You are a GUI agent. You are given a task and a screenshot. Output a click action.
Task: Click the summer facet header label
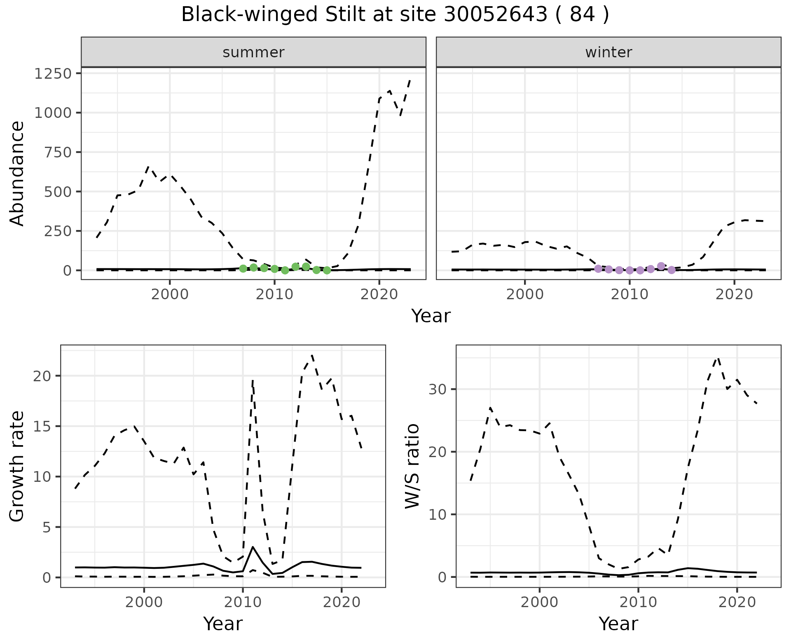253,52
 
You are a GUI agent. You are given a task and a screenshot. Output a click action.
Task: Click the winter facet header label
608,52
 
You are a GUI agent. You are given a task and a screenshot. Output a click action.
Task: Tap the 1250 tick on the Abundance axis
53,74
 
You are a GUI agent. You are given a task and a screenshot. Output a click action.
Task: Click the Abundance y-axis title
17,173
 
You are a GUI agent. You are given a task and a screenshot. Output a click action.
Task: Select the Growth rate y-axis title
17,467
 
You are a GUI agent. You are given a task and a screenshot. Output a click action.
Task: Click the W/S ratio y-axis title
412,467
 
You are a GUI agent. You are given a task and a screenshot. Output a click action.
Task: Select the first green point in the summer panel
243,269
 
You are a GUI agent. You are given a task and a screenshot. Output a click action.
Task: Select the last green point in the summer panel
327,270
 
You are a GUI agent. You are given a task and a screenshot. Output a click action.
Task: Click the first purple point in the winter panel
598,269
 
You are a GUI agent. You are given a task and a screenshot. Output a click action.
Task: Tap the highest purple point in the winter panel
661,266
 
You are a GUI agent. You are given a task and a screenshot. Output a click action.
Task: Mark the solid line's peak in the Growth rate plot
253,547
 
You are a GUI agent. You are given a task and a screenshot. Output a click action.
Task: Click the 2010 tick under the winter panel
630,295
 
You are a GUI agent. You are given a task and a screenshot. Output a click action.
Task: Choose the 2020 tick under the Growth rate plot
342,603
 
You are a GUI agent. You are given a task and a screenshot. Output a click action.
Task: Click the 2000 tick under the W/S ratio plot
539,603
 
